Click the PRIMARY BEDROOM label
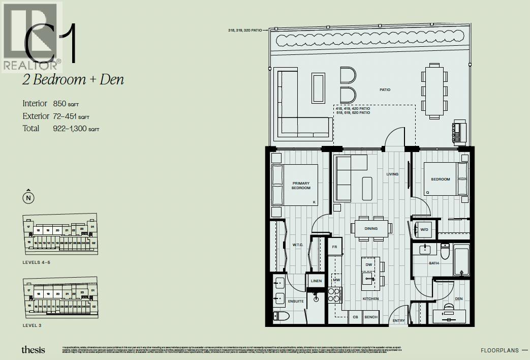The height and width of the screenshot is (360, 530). pyautogui.click(x=301, y=186)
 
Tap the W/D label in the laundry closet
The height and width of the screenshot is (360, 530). pyautogui.click(x=423, y=229)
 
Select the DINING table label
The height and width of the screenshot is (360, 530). pyautogui.click(x=371, y=228)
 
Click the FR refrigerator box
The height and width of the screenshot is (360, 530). pyautogui.click(x=335, y=247)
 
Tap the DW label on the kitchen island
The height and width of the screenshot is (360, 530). pyautogui.click(x=369, y=264)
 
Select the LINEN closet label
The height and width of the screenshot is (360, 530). pyautogui.click(x=316, y=281)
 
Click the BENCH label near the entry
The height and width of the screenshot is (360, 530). pyautogui.click(x=370, y=317)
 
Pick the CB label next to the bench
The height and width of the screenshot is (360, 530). pyautogui.click(x=355, y=317)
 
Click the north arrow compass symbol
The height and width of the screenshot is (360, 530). pyautogui.click(x=29, y=197)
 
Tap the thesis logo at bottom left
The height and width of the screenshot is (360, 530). pyautogui.click(x=33, y=349)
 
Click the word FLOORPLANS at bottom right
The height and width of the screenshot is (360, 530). pyautogui.click(x=500, y=350)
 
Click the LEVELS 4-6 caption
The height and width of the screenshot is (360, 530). pyautogui.click(x=37, y=262)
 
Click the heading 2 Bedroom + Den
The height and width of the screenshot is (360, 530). pyautogui.click(x=73, y=80)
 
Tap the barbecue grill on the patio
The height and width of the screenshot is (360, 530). pyautogui.click(x=459, y=132)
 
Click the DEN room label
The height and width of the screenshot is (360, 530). pyautogui.click(x=458, y=299)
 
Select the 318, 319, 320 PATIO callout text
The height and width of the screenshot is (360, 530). pyautogui.click(x=245, y=31)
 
